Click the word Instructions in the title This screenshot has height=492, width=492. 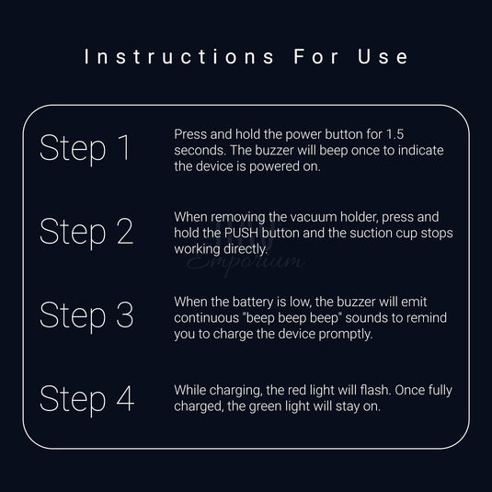point(179,57)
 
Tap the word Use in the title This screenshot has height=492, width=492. point(383,57)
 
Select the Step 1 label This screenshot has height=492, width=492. point(85,148)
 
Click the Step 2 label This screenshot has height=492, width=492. point(86,232)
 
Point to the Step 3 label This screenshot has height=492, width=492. point(86,315)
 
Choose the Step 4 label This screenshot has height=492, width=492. point(87,399)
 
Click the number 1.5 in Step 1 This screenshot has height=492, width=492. point(395,134)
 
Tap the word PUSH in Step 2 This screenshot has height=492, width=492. point(241,234)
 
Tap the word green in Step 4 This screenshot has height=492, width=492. point(264,407)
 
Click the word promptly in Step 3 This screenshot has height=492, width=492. point(346,335)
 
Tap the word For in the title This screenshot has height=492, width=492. point(316,57)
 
